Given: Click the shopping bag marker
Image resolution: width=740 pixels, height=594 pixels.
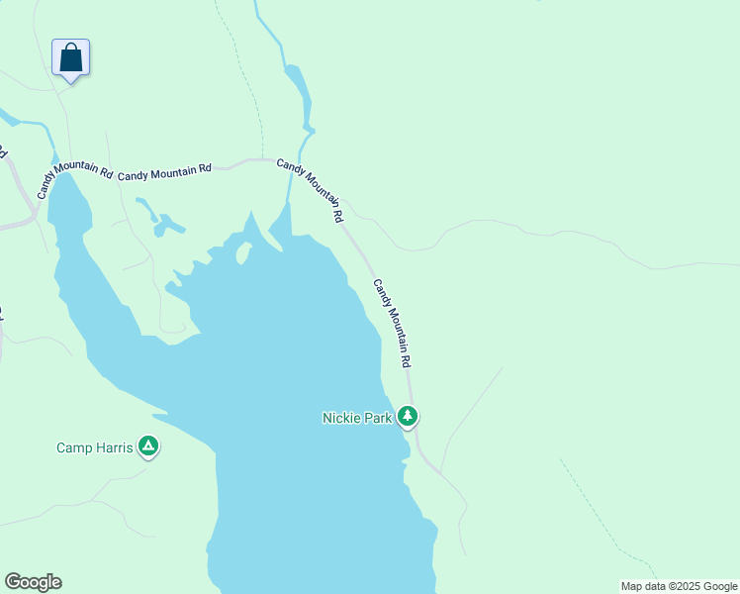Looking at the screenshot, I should tap(70, 57).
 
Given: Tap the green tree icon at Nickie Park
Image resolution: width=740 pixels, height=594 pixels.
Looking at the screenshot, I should tap(408, 417).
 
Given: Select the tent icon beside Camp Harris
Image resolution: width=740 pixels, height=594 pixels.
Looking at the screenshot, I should tap(148, 447).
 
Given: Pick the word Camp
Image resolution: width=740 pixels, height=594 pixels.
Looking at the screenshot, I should tap(76, 447).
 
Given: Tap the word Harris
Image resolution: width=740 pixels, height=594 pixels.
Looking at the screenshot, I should tap(116, 447).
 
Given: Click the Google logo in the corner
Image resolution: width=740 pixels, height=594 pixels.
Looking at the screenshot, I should tap(33, 582).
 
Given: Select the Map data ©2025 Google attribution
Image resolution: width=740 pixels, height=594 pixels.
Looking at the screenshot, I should tap(678, 586).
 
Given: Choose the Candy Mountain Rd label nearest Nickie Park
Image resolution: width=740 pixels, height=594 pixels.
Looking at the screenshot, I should tap(392, 324).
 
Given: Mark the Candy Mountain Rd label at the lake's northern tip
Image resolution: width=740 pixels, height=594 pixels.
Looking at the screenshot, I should tap(310, 189).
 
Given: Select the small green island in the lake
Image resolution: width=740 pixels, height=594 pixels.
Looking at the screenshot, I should tap(241, 253).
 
